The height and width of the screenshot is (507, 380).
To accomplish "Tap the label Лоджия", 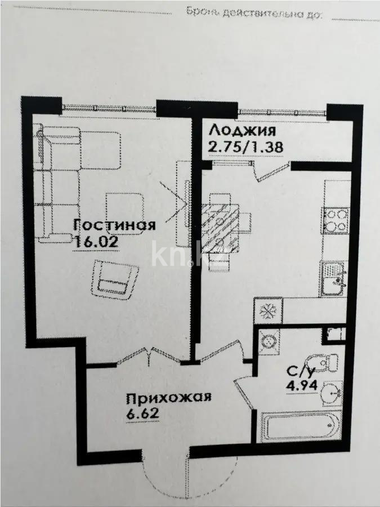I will click(242, 131).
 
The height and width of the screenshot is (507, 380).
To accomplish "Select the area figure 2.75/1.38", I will click(245, 146).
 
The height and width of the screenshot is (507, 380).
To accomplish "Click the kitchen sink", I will click(336, 279).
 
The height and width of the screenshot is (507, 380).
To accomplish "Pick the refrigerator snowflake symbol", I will click(267, 310).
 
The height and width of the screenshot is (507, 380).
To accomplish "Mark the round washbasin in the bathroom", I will click(330, 393).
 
